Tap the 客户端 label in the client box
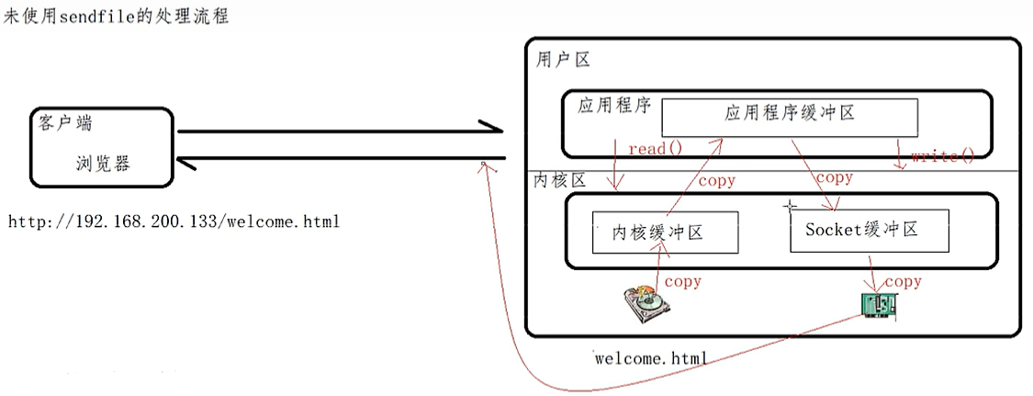coord(65,122)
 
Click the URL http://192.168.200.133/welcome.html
coord(174,221)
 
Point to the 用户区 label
coord(562,61)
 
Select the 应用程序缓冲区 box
coord(790,114)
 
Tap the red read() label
coord(656,148)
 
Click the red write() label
coord(942,156)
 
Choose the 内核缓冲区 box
coord(665,232)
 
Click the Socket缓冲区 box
coord(869,230)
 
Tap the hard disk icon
coord(647,305)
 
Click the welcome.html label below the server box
coord(651,358)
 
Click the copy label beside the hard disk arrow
coord(683,280)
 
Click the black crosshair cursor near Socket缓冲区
coord(789,208)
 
